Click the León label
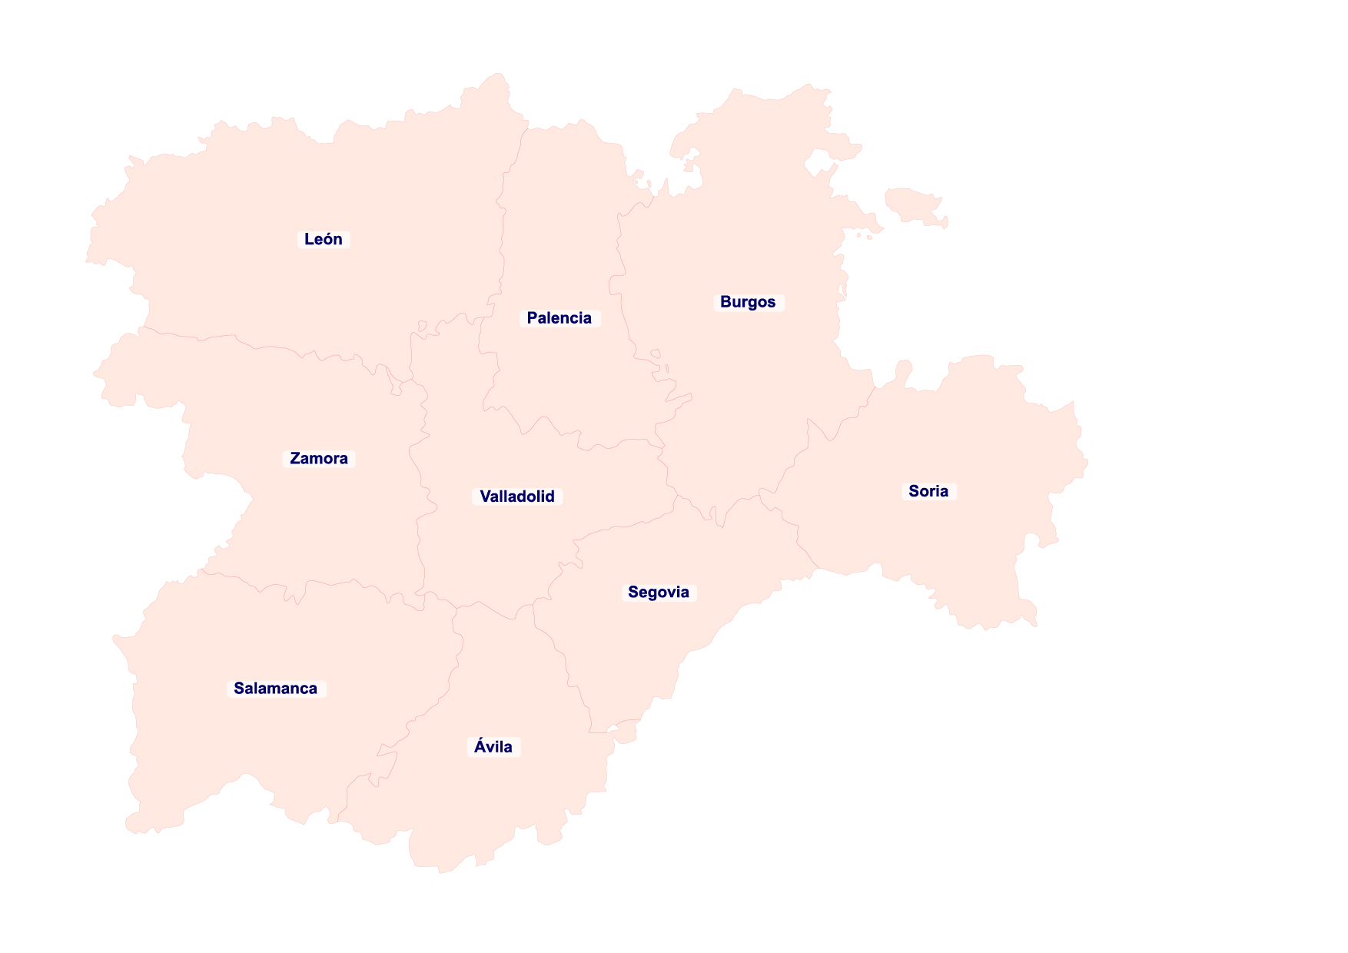(324, 239)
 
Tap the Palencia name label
(559, 318)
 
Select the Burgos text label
(748, 302)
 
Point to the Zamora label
(319, 459)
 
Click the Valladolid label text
(517, 496)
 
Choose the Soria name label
(928, 491)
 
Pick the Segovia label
(659, 593)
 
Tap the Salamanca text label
(276, 689)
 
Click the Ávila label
(493, 747)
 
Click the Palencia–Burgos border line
(619, 254)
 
